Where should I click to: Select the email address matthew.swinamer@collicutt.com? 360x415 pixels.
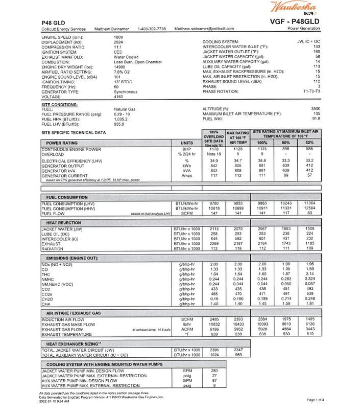coord(204,29)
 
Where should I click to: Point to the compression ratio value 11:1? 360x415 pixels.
coord(117,47)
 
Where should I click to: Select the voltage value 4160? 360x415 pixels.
coord(118,97)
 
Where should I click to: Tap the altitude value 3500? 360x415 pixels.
coord(316,109)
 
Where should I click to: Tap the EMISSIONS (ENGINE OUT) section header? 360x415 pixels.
coord(73,259)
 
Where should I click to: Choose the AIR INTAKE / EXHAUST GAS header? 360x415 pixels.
coord(74,312)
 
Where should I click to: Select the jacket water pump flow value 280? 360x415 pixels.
coord(214,371)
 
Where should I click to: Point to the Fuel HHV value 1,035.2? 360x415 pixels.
coord(121,119)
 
